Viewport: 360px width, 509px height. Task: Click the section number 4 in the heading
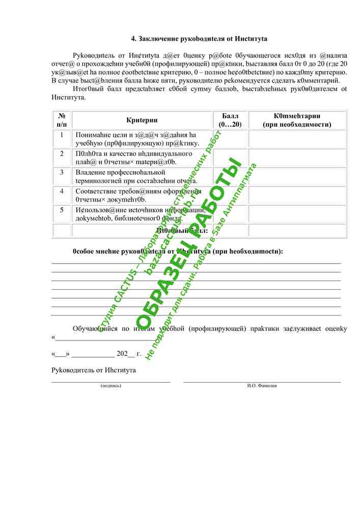click(x=133, y=39)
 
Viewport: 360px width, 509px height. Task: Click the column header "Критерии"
click(x=142, y=120)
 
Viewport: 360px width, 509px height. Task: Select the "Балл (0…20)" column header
click(x=230, y=120)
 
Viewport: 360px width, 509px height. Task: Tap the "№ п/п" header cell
click(x=62, y=120)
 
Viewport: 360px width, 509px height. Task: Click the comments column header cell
click(x=297, y=120)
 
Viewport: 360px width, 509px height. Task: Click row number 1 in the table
click(x=62, y=135)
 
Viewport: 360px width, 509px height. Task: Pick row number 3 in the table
click(x=62, y=172)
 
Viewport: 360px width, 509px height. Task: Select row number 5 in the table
click(x=62, y=209)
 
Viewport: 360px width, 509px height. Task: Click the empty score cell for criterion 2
click(x=230, y=157)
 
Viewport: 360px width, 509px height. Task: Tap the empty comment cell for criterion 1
click(x=297, y=138)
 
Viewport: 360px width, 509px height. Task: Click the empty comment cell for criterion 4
click(x=297, y=195)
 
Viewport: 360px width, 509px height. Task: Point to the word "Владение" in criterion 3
click(x=89, y=173)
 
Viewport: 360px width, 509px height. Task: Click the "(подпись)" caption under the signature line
click(x=111, y=386)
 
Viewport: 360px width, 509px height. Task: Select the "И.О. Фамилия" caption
click(x=262, y=386)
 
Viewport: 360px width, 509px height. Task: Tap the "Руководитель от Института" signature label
click(x=94, y=370)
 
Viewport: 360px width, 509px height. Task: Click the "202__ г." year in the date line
click(x=129, y=353)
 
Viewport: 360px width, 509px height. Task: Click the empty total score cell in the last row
click(x=230, y=230)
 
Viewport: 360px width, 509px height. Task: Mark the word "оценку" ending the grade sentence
click(x=336, y=329)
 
